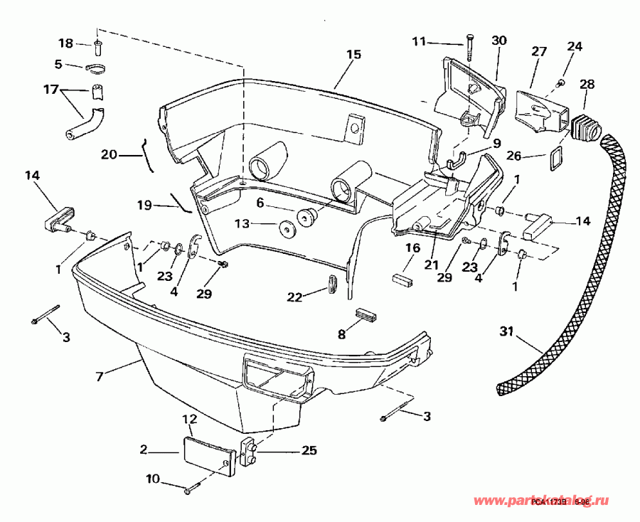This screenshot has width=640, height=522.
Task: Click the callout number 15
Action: [353, 54]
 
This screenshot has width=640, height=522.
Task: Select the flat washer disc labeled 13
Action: [288, 230]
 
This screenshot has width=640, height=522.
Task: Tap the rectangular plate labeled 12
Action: [209, 451]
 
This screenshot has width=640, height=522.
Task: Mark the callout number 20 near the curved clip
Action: [109, 154]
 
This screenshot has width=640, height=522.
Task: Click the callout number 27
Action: [538, 51]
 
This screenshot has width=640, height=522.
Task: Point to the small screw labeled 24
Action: [559, 84]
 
